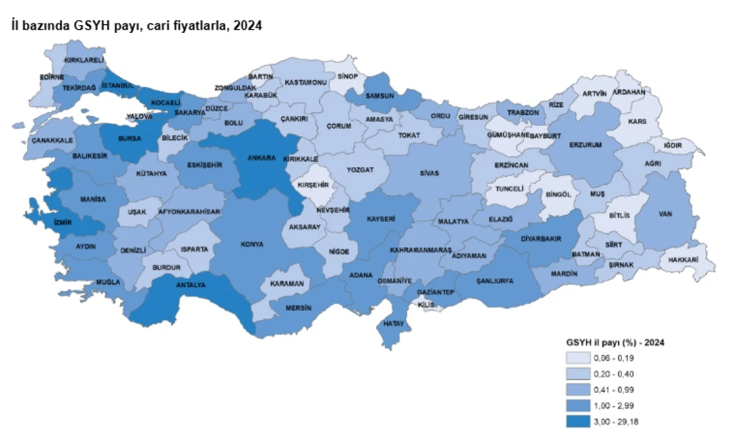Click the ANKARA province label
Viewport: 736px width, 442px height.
262,157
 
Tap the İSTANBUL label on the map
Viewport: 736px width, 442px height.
118,85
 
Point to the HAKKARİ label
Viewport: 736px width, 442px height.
682,260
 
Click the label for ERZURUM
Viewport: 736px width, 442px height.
586,145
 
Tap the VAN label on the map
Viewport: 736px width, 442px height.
666,213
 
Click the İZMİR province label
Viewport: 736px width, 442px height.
65,223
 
